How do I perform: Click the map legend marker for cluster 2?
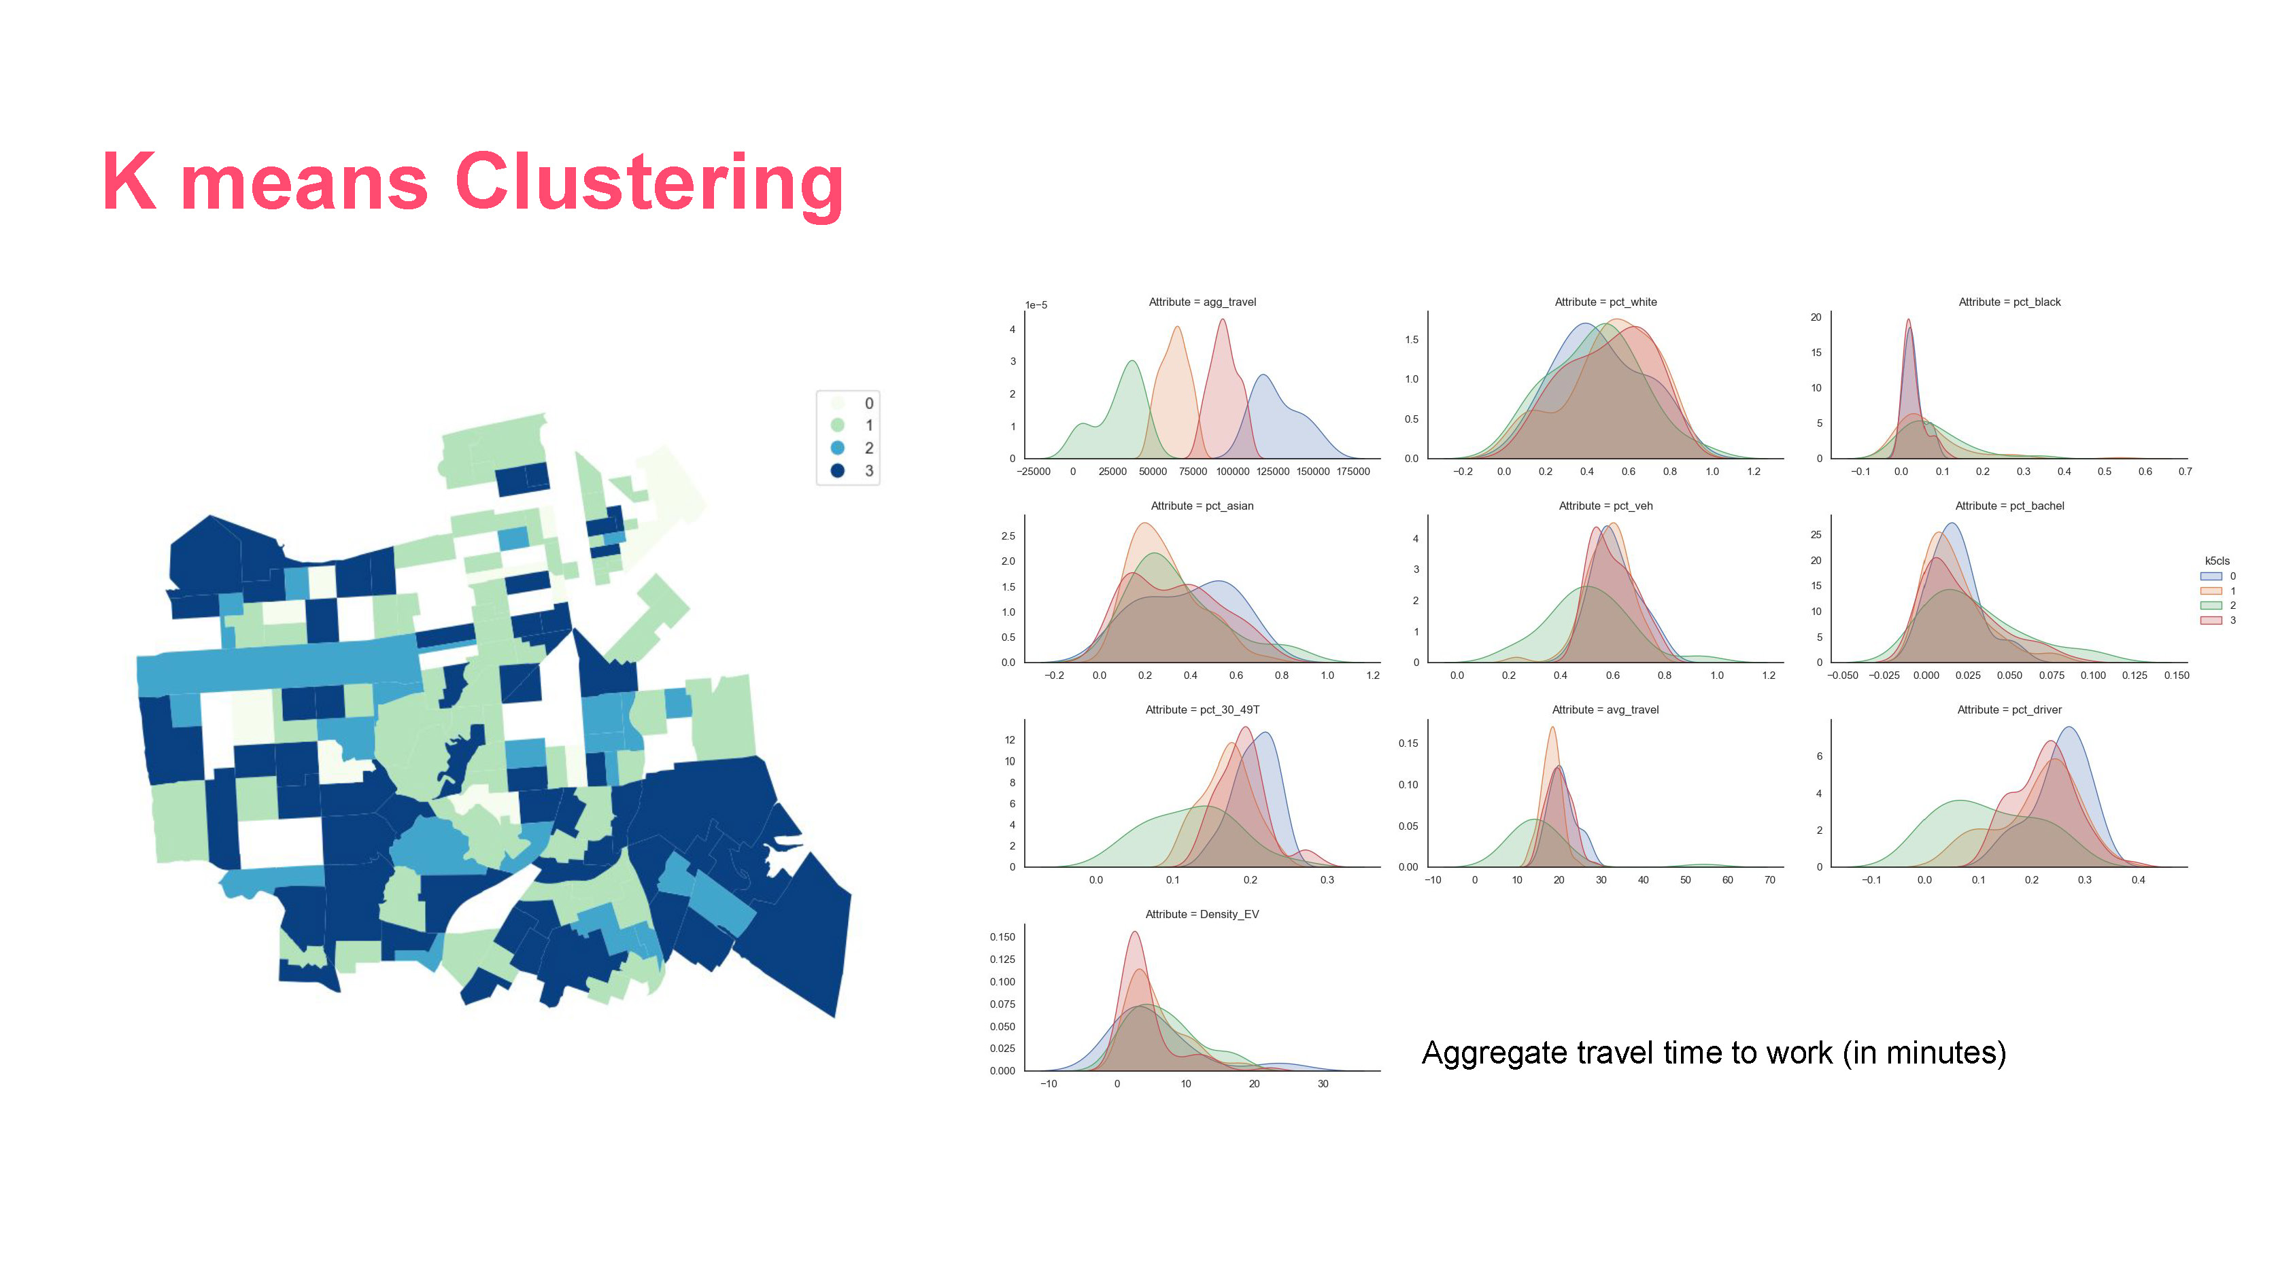click(x=838, y=449)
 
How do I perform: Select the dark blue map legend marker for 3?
click(x=838, y=470)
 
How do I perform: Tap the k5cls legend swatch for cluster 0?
click(x=2211, y=576)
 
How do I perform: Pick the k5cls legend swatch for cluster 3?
click(x=2211, y=620)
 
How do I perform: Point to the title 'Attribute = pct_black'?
click(x=2009, y=302)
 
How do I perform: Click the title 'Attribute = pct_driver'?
click(x=2009, y=710)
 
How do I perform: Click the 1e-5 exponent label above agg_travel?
click(x=1036, y=305)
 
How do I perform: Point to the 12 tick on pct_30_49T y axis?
click(x=1010, y=740)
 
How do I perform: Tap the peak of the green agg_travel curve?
click(x=1131, y=361)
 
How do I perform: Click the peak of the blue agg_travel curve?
click(x=1263, y=375)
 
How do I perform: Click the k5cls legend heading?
click(x=2217, y=561)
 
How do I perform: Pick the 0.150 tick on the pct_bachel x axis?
click(x=2176, y=676)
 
